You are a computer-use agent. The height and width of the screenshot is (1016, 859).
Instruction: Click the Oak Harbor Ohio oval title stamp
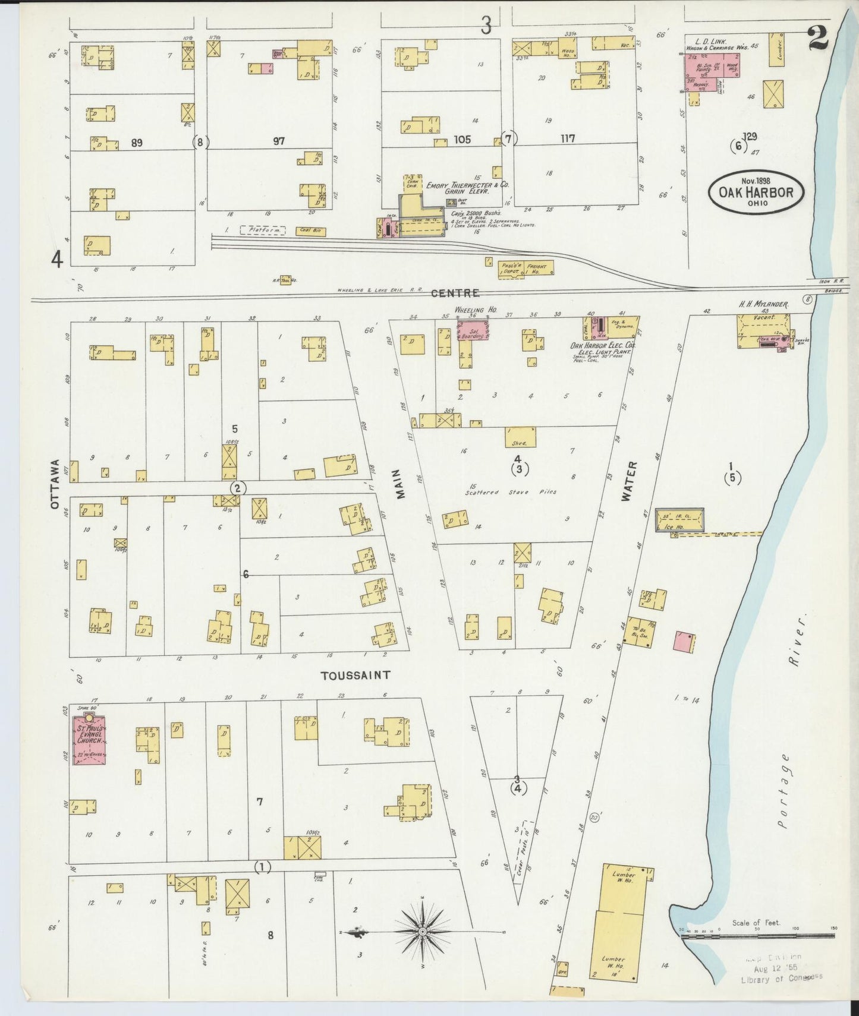(x=755, y=191)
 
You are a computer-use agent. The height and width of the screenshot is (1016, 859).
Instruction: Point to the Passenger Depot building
(x=510, y=269)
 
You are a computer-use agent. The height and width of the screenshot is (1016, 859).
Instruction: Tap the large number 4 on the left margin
(x=57, y=259)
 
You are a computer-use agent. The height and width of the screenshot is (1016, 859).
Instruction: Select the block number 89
(x=137, y=142)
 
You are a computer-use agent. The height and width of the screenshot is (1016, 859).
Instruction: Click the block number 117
(x=568, y=138)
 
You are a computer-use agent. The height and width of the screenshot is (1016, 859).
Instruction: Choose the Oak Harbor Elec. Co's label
(x=611, y=347)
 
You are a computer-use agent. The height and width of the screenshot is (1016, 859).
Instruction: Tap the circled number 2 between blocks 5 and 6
(x=238, y=488)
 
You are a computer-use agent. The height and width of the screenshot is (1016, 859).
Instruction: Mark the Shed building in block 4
(x=521, y=438)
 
